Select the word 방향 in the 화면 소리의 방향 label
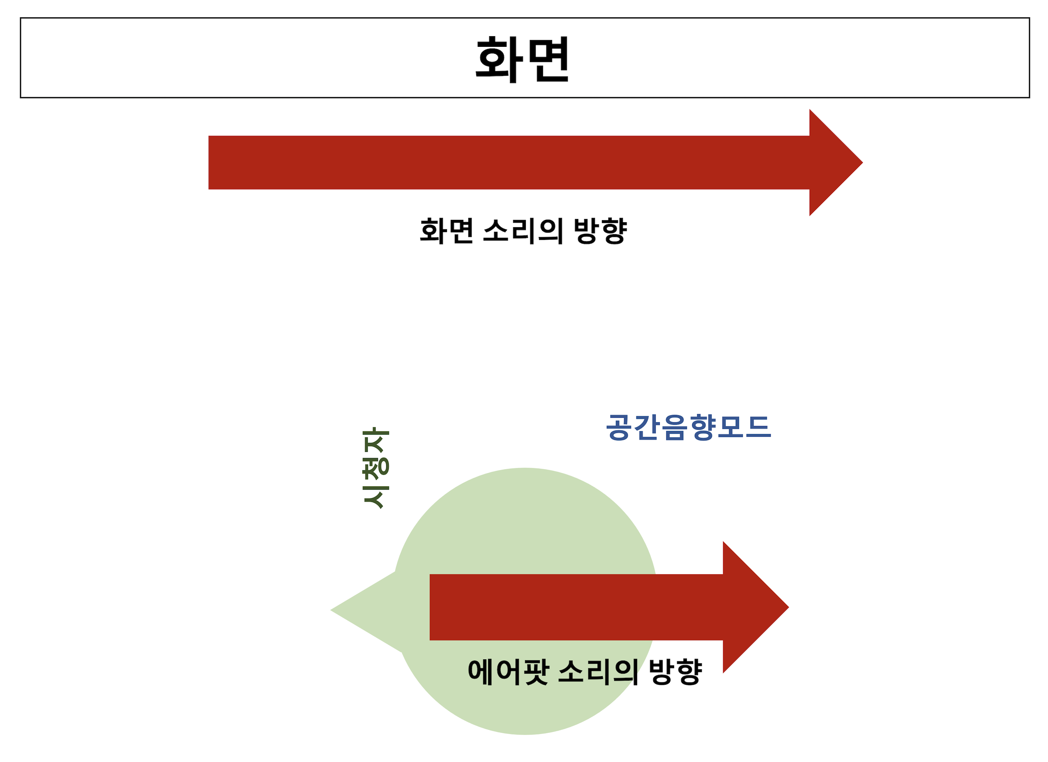[600, 230]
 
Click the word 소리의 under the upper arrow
[523, 230]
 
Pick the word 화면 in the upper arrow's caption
[447, 230]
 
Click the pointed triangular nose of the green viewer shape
[342, 610]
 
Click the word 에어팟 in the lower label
[508, 672]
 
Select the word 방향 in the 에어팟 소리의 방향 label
[675, 672]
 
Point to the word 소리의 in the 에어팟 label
[599, 672]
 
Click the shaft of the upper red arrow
[508, 163]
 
